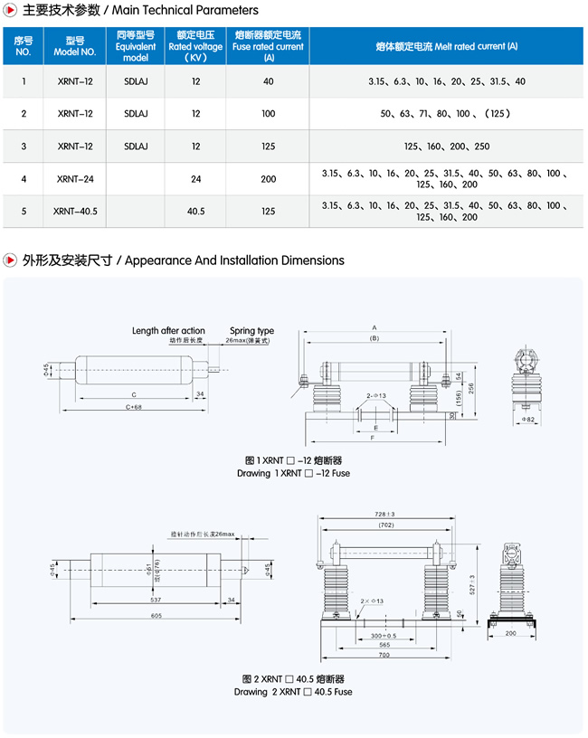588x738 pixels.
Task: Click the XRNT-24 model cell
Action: click(75, 179)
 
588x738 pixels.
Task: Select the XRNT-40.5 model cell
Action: click(75, 212)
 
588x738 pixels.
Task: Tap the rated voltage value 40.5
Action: click(195, 212)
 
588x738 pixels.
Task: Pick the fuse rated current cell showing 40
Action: click(268, 81)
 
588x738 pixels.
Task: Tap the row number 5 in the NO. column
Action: click(24, 212)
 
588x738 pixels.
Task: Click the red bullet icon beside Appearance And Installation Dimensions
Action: click(11, 260)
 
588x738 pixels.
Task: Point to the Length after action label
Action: click(168, 331)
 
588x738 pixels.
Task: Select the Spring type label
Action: click(251, 331)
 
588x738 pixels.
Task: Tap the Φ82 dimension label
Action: click(531, 420)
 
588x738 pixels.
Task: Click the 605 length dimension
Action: click(156, 615)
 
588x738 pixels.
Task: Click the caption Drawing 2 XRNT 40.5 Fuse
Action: click(293, 692)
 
